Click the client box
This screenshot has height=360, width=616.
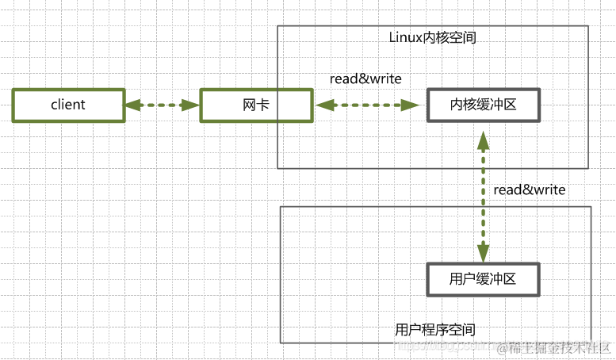(x=68, y=105)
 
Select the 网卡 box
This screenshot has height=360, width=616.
(x=255, y=105)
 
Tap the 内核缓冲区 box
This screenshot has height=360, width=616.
(x=484, y=105)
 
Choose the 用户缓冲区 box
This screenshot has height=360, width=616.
(x=484, y=279)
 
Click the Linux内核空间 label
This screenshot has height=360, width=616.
(x=433, y=37)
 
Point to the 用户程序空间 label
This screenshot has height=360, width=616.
(x=435, y=328)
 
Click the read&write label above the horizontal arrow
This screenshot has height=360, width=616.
(x=365, y=79)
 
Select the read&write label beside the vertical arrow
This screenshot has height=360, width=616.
(x=529, y=190)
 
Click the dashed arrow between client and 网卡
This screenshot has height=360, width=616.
(x=162, y=105)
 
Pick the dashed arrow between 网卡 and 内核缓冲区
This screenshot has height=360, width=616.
(x=366, y=105)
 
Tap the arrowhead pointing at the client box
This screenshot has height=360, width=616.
(x=132, y=105)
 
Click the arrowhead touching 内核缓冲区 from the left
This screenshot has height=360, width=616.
(x=411, y=105)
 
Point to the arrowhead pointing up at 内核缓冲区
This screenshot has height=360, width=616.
(x=482, y=138)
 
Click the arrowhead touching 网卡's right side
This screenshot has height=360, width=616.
(x=322, y=105)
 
